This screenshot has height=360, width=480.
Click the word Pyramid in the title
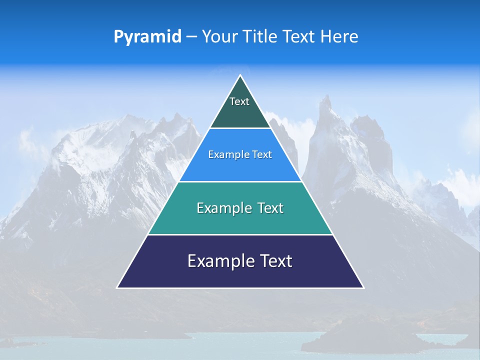pos(147,36)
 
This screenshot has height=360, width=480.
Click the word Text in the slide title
pos(299,36)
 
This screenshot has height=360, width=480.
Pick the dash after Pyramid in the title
pos(191,37)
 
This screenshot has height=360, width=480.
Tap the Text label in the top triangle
pos(239,101)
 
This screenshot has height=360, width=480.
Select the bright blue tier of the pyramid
pos(240,167)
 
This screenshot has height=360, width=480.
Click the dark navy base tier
pos(240,275)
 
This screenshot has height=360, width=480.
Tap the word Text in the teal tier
pos(270,208)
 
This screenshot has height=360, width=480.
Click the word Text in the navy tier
pos(273,261)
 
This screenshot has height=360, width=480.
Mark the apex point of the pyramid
pos(240,75)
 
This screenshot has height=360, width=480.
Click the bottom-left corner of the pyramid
pos(117,287)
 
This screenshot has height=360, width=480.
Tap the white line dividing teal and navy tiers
pos(240,234)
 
